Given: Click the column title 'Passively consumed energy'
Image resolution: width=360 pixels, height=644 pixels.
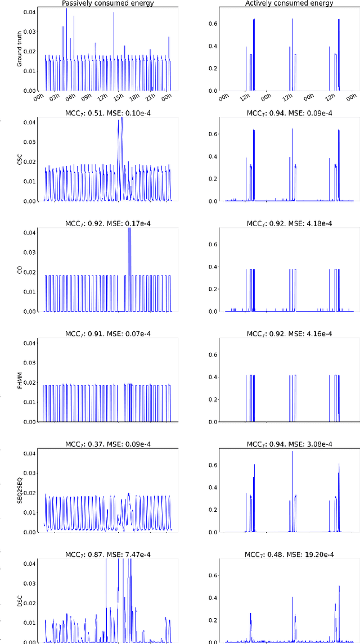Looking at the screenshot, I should (107, 3).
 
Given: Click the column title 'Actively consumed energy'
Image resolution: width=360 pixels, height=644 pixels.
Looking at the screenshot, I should (289, 3).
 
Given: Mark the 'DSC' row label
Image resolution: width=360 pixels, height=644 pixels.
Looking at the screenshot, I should (20, 601).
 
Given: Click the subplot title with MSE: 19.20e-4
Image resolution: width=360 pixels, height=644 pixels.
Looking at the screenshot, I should (289, 554).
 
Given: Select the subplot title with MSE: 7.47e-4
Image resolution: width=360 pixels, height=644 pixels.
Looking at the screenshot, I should (107, 554).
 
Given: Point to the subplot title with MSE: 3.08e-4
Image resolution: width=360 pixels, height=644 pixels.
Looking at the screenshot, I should (289, 444).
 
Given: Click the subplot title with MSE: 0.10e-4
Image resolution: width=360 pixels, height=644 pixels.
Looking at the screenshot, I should (107, 112).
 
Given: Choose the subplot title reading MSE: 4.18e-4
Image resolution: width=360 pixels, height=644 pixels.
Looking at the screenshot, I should (289, 223).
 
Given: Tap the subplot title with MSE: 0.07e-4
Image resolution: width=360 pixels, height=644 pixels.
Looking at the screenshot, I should (107, 334).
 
